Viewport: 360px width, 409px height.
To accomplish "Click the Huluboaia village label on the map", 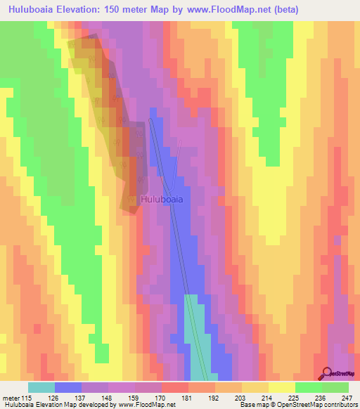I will [162, 200].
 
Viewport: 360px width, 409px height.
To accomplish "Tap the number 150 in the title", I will [115, 10].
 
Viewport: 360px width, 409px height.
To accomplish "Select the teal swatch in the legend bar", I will [41, 387].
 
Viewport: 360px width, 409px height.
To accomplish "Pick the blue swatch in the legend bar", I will [67, 387].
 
